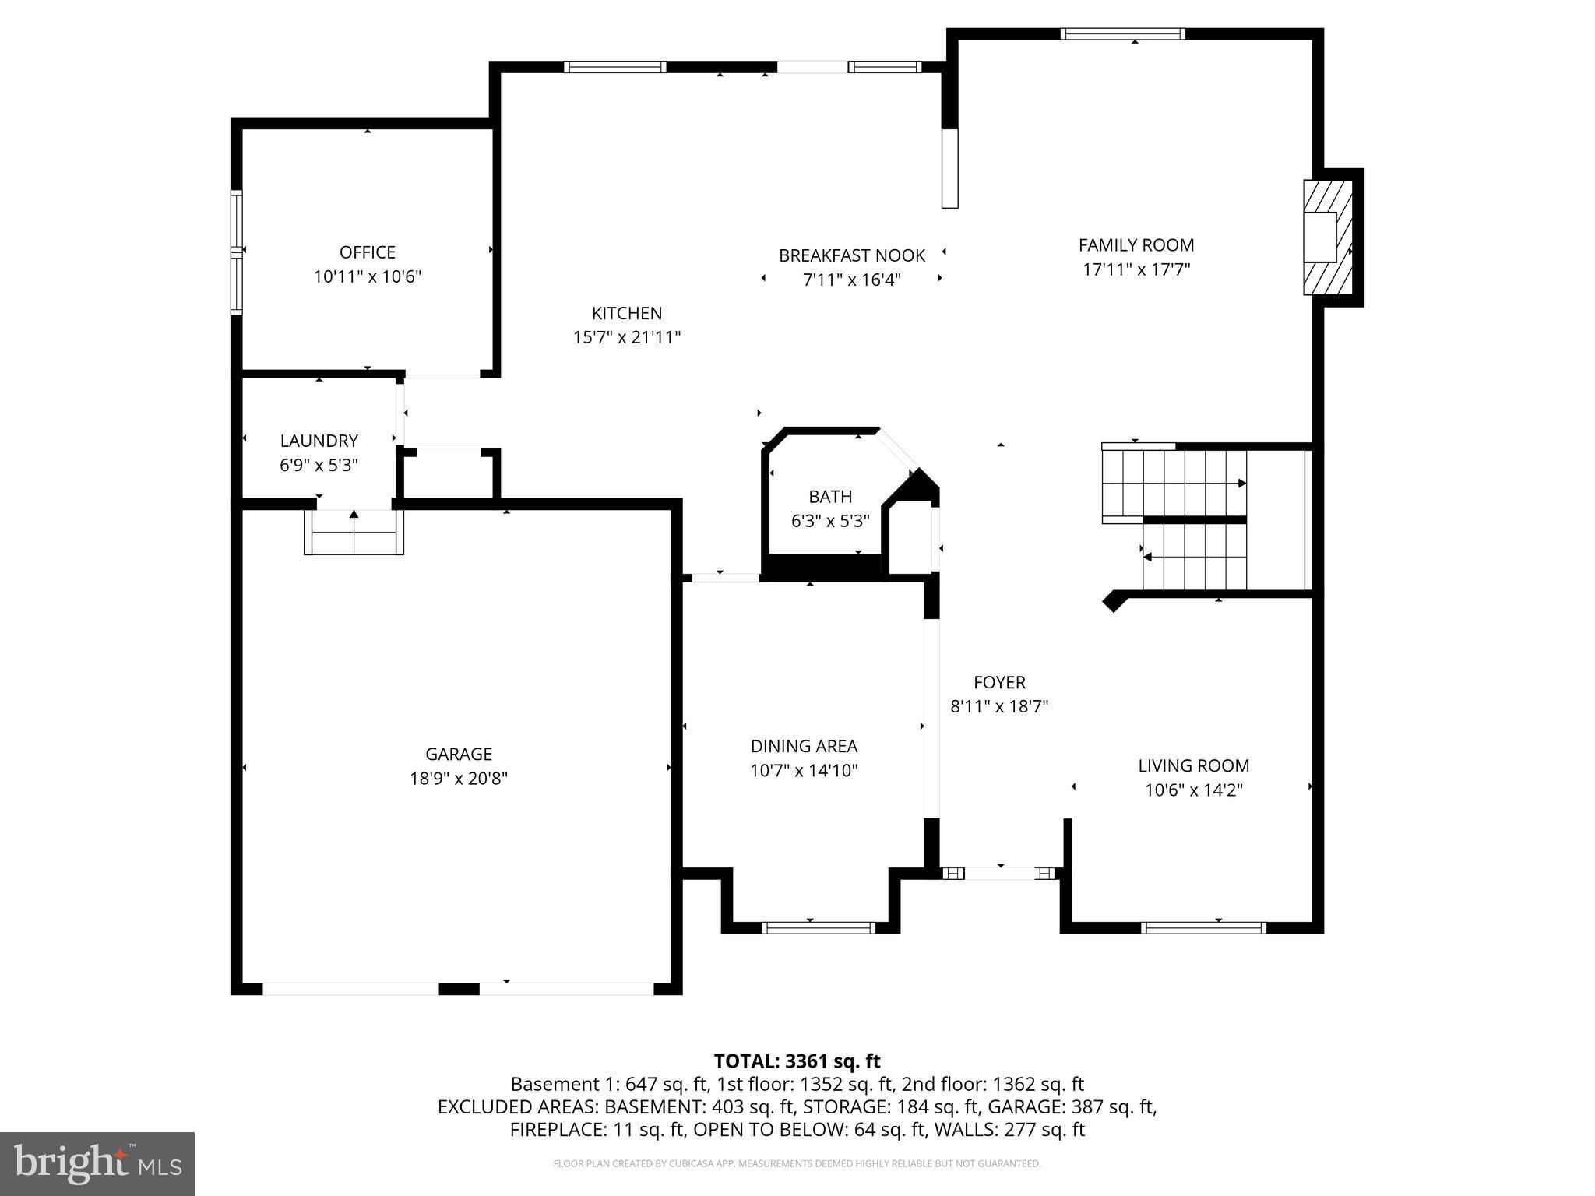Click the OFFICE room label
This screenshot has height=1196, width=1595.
coord(367,252)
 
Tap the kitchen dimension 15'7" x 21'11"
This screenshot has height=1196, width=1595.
coord(627,337)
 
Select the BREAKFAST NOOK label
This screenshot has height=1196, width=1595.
coord(852,255)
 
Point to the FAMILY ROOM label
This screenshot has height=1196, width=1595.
coord(1136,245)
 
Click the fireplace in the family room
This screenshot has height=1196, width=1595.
coord(1327,237)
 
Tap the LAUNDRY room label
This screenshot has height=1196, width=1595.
coord(319,441)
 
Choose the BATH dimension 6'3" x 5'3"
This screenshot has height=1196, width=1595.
coord(830,521)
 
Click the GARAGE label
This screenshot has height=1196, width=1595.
coord(459,754)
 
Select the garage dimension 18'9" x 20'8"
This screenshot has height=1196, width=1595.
coord(459,778)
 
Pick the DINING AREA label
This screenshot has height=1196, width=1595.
coord(804,746)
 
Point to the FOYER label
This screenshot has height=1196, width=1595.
coord(999,682)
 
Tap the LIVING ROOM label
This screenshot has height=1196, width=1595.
coord(1193,765)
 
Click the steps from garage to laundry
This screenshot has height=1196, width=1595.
coord(354,532)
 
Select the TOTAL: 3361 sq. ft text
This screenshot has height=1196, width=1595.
coord(797,1061)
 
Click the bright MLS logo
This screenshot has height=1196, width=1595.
coord(97,1163)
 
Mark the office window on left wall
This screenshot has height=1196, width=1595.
coord(236,252)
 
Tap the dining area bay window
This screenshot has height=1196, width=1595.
coord(818,927)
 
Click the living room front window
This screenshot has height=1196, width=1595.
coord(1203,927)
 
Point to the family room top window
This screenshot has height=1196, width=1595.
coord(1122,33)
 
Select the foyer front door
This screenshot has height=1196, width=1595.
coord(1000,874)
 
